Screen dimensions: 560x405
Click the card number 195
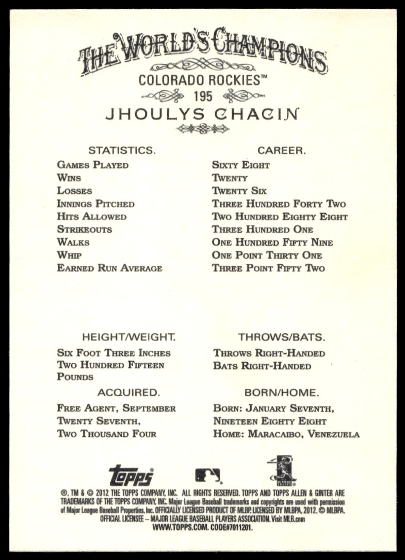202,96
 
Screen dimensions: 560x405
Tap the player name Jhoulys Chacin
202,114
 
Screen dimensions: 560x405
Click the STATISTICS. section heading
122,150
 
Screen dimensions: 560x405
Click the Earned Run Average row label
109,268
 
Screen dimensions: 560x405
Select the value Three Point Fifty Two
268,268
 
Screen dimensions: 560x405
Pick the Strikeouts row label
85,230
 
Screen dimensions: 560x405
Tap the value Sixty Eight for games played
241,165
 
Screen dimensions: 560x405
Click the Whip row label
70,256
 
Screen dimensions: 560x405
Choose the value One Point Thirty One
267,256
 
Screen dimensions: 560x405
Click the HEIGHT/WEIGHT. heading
129,337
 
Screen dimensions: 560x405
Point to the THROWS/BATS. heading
281,337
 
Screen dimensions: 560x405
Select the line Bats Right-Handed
262,366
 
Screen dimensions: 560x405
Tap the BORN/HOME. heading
282,393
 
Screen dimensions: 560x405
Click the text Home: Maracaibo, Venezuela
286,434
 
